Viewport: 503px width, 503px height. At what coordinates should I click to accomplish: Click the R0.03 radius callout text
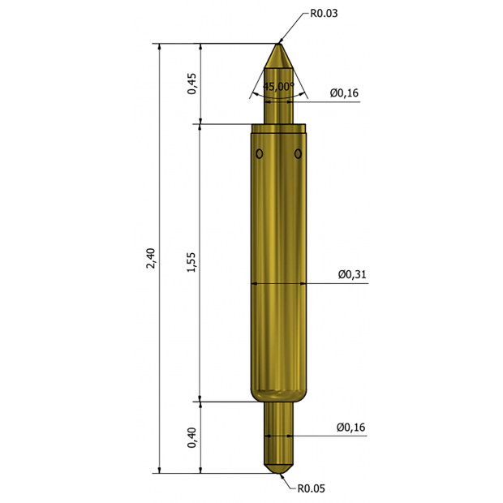pyautogui.click(x=324, y=14)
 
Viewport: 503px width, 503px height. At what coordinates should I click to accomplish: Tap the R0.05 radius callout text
pyautogui.click(x=312, y=488)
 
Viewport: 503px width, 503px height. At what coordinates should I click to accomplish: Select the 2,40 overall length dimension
pyautogui.click(x=151, y=258)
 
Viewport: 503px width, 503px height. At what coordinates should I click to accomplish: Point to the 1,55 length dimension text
pyautogui.click(x=191, y=262)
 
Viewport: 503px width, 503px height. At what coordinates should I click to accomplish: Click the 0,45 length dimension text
pyautogui.click(x=191, y=84)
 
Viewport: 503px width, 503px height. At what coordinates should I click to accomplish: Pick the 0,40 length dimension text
pyautogui.click(x=191, y=437)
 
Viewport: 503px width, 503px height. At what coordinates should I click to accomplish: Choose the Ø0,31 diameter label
pyautogui.click(x=352, y=274)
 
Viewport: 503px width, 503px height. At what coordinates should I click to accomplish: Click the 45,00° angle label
pyautogui.click(x=278, y=86)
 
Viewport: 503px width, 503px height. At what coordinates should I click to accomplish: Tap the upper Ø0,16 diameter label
pyautogui.click(x=344, y=93)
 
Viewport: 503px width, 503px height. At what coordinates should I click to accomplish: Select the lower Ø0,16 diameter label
pyautogui.click(x=350, y=428)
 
